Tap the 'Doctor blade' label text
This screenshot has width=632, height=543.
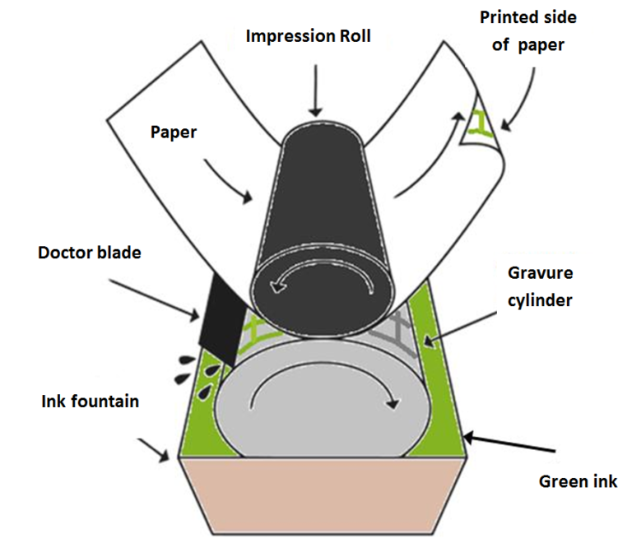pos(89,253)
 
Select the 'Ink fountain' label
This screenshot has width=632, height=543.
pos(91,402)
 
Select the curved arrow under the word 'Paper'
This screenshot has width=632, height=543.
pos(227,182)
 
